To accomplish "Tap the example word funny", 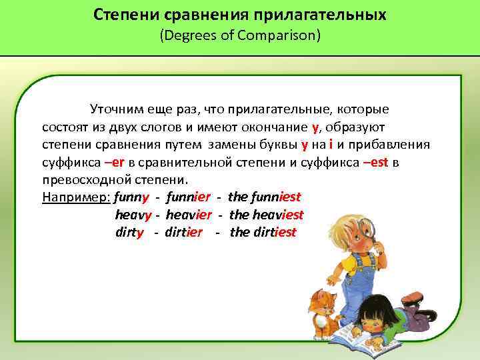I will (131, 197).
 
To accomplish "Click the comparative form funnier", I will (189, 197).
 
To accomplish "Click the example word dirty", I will (129, 233).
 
